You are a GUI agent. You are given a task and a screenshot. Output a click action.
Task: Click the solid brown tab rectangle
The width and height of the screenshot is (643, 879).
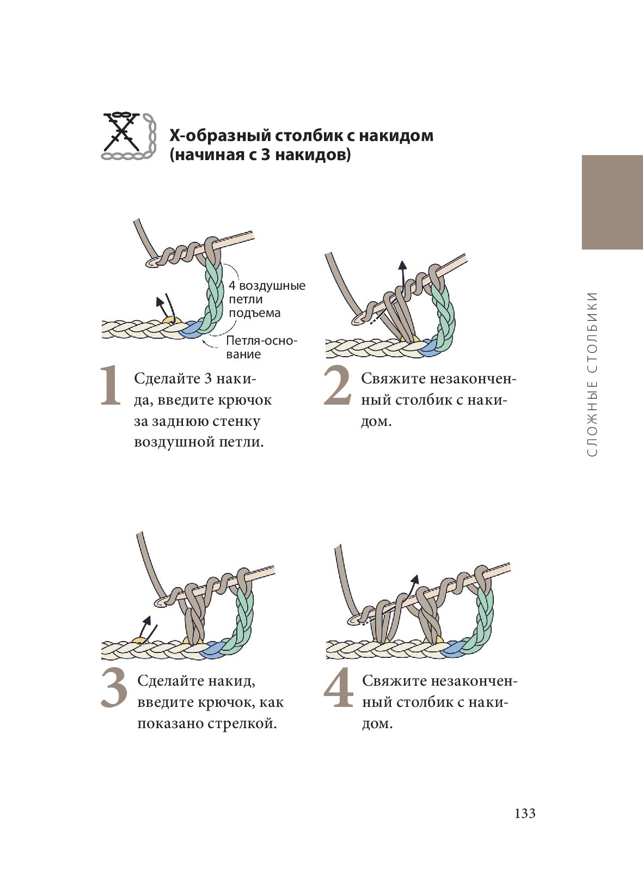(612, 202)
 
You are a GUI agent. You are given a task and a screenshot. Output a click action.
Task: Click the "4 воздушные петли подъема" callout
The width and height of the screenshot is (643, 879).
(267, 299)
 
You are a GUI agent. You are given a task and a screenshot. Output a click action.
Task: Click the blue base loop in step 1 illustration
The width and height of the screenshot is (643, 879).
(192, 330)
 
